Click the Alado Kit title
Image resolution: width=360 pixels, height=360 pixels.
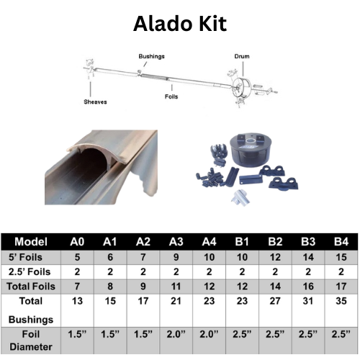tap(180, 24)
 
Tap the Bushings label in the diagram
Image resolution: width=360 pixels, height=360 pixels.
tap(151, 56)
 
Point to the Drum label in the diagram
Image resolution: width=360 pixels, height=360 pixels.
tap(242, 56)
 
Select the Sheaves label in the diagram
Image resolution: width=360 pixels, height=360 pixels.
tap(95, 102)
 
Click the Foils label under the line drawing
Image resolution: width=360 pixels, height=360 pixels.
tap(171, 96)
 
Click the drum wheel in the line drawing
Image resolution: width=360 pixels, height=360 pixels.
tap(241, 87)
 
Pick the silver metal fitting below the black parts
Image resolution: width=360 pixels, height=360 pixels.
tap(240, 198)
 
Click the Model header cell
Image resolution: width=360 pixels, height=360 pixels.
tap(31, 242)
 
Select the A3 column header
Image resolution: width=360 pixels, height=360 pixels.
tap(176, 242)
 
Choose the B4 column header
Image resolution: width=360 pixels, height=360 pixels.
tap(341, 242)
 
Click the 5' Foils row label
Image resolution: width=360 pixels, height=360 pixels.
tap(25, 257)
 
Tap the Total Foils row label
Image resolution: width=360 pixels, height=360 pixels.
tap(31, 287)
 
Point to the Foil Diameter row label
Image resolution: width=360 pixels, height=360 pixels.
tap(31, 341)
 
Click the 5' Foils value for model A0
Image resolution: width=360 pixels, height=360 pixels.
tap(77, 257)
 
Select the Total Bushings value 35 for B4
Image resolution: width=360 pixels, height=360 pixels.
tap(341, 301)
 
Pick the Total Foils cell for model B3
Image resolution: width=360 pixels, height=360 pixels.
tap(308, 287)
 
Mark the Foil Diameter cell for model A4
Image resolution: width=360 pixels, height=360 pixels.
tap(209, 334)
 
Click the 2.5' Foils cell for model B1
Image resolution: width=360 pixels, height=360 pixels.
tap(242, 271)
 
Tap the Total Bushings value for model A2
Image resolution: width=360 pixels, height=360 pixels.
tap(143, 301)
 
